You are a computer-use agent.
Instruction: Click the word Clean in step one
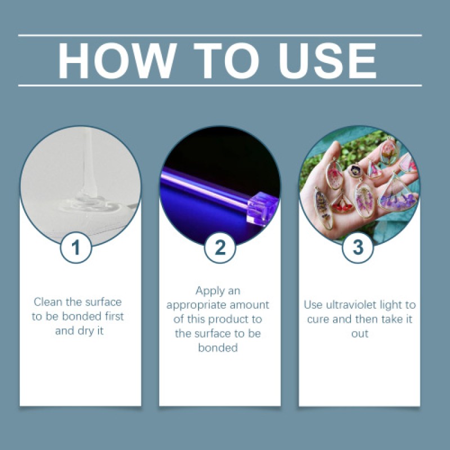tap(47, 302)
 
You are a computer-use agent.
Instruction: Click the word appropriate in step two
tap(220, 305)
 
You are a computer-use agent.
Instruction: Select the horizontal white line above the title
tap(220, 35)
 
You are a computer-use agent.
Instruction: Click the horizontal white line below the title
tap(220, 85)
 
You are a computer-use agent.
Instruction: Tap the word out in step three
tap(360, 334)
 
